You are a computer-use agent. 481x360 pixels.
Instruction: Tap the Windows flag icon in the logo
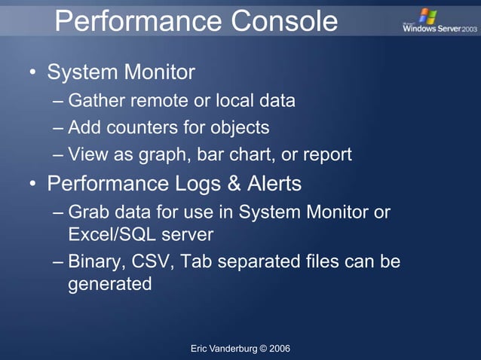coord(427,16)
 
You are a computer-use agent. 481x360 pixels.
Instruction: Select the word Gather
coord(94,100)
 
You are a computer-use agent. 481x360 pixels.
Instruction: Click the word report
coord(327,155)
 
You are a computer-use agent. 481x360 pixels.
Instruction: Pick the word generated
coord(110,285)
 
